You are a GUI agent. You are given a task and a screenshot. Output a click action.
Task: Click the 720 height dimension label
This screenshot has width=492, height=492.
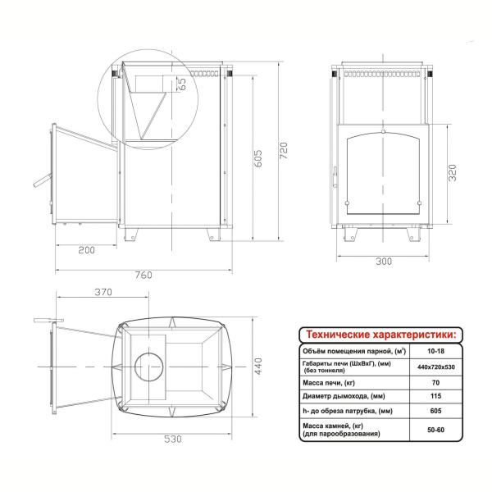click(284, 151)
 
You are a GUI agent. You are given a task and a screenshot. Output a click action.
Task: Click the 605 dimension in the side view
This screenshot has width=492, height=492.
click(257, 158)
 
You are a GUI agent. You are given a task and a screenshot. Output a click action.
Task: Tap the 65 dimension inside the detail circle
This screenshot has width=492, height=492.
click(181, 84)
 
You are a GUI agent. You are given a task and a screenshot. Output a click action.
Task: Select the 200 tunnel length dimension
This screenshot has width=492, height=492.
click(86, 250)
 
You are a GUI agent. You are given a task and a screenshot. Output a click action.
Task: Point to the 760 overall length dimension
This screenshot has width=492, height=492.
click(143, 275)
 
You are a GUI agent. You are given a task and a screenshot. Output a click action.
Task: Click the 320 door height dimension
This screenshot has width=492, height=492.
click(452, 172)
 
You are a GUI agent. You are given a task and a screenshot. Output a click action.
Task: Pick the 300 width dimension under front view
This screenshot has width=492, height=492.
click(384, 261)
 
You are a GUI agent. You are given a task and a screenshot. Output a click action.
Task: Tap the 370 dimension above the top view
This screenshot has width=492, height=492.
click(103, 292)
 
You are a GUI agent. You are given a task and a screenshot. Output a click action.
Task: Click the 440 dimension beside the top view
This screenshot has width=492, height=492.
click(258, 367)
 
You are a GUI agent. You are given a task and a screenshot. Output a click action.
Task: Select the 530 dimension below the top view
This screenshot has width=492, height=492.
click(173, 439)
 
